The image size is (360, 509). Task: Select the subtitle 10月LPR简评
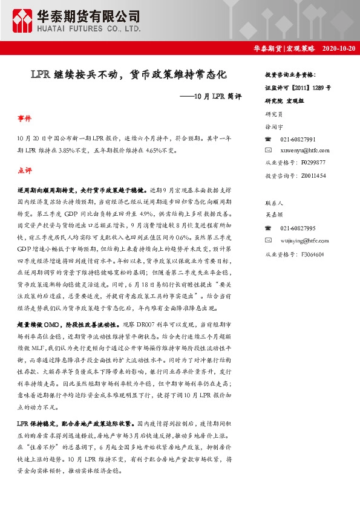206,97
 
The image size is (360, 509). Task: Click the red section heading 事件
25,118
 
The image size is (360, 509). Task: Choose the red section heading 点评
25,171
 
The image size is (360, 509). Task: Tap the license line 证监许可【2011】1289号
298,87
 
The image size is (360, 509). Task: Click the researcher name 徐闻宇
275,127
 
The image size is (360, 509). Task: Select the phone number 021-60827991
298,139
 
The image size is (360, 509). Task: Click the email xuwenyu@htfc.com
305,150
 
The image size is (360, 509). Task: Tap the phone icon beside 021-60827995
269,228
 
